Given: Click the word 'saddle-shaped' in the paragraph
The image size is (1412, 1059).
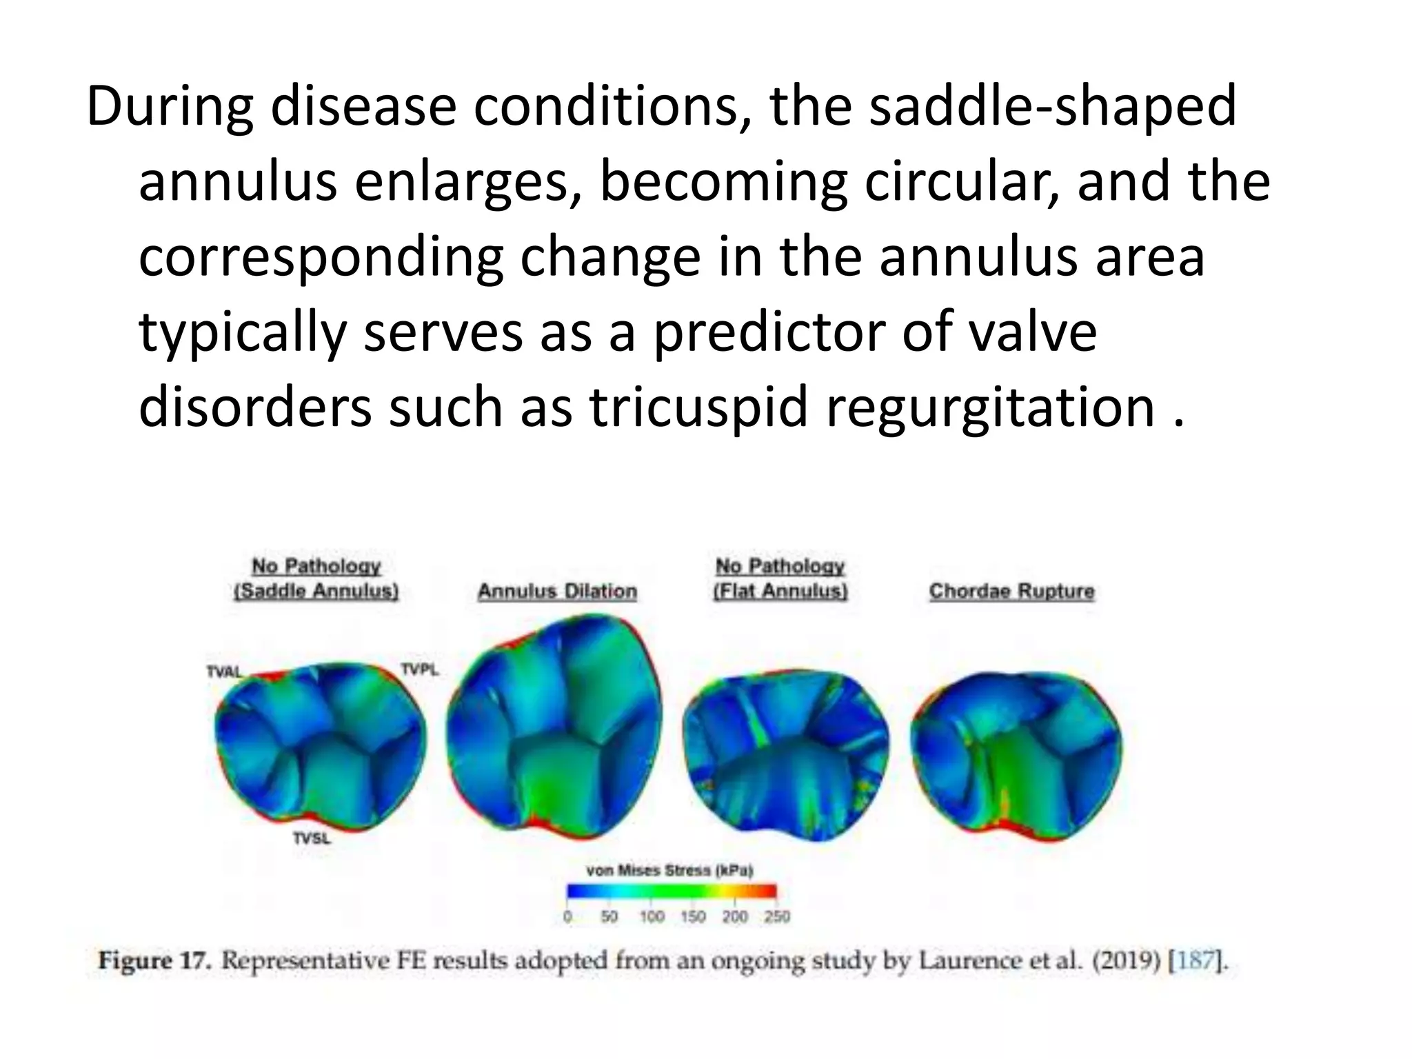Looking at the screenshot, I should point(1052,108).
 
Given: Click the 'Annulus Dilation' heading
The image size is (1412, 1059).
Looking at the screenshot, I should point(557,592).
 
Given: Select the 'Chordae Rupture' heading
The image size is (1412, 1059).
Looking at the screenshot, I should point(1011,592).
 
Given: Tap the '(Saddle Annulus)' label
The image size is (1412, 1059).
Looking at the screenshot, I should point(316,592).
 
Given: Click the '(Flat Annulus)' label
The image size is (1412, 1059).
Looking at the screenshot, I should point(780,592).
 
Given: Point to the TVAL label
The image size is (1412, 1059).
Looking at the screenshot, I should point(224,672).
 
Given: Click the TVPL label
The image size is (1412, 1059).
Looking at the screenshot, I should point(419,669).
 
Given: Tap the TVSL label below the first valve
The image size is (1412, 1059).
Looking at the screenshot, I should point(312,838).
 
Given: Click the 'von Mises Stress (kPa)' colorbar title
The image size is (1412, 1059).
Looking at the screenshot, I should point(669,871).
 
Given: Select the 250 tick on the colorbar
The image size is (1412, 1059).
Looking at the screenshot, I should point(777,917).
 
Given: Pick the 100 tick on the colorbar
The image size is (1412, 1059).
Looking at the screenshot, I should point(652,917).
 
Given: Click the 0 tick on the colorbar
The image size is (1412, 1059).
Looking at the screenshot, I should point(567,917).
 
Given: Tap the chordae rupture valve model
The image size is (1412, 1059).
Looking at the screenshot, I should point(1016,755).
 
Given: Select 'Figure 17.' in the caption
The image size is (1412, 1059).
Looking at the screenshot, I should point(154,960).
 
